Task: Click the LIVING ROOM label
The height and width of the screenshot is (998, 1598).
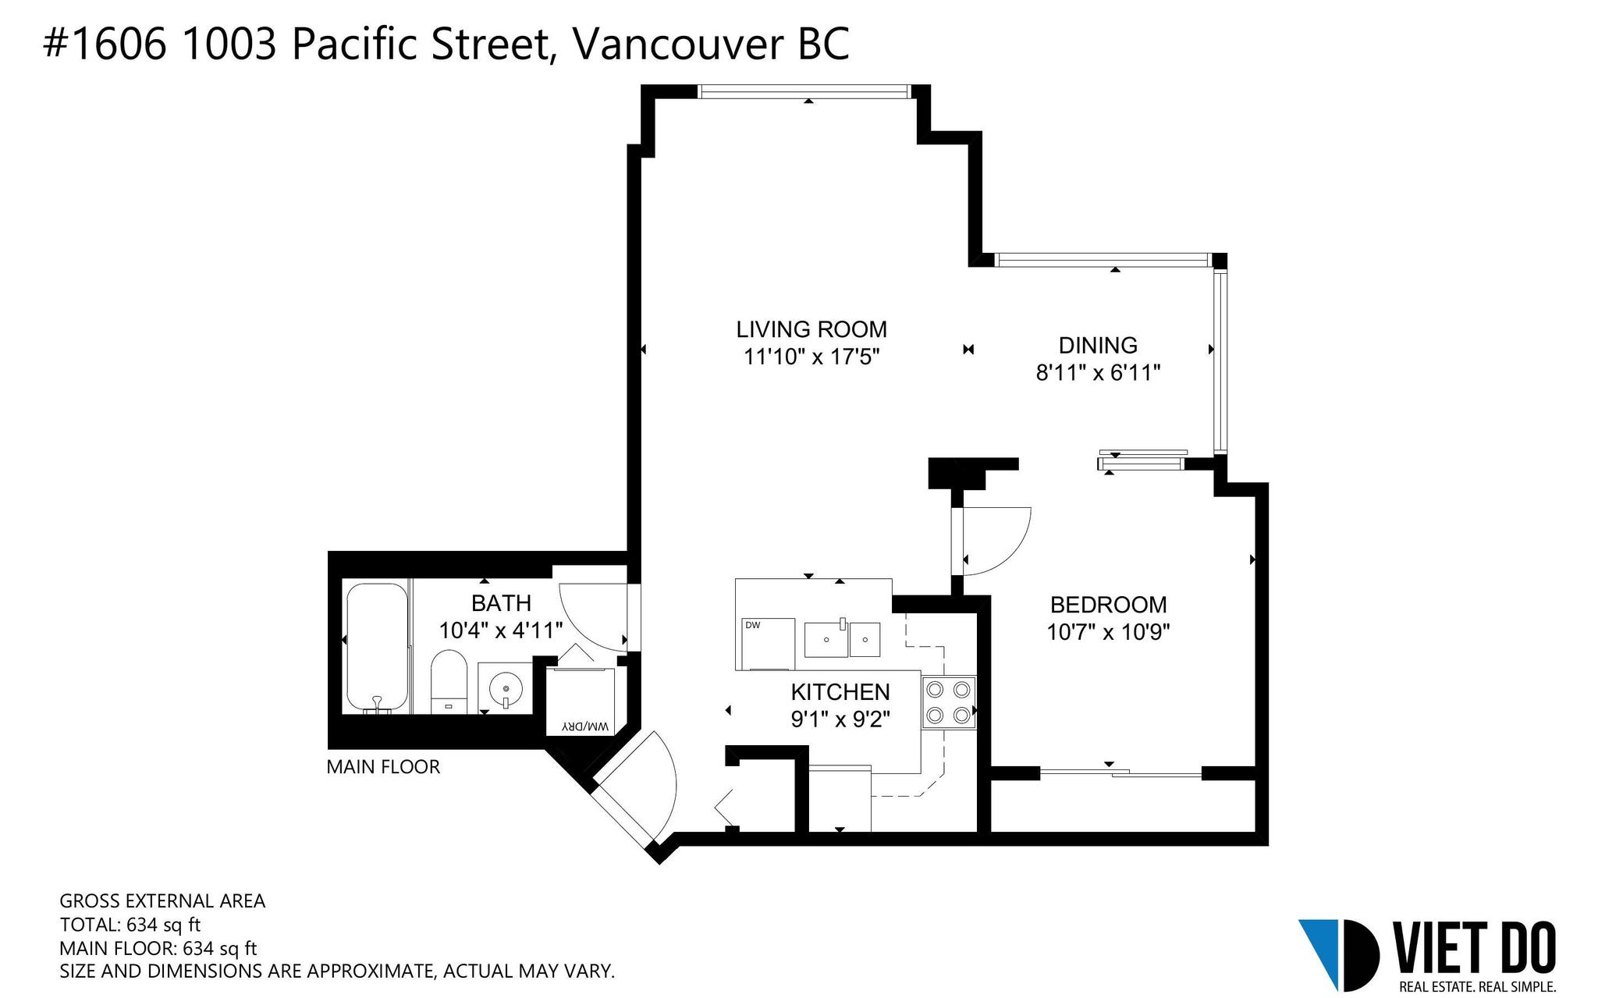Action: [x=811, y=329]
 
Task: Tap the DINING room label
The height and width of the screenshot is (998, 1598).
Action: [x=1098, y=345]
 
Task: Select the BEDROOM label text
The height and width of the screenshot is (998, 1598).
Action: [x=1108, y=605]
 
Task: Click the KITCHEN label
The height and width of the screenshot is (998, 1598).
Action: [x=840, y=692]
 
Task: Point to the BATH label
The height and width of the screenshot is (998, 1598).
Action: [x=501, y=603]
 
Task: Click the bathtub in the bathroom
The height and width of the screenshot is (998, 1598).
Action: [x=377, y=648]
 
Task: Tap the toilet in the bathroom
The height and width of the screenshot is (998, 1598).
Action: [x=449, y=681]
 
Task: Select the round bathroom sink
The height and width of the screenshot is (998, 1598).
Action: [x=506, y=688]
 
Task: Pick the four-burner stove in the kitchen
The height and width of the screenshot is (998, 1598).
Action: [x=949, y=701]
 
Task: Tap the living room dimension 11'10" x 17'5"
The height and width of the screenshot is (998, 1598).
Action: [x=811, y=357]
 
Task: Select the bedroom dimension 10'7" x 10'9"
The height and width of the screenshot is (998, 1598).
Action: [x=1108, y=631]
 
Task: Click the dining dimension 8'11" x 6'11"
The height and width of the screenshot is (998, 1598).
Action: [x=1098, y=373]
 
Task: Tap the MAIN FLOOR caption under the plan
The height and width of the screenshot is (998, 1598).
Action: [x=383, y=767]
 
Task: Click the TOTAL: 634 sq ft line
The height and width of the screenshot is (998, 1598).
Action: [x=130, y=925]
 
